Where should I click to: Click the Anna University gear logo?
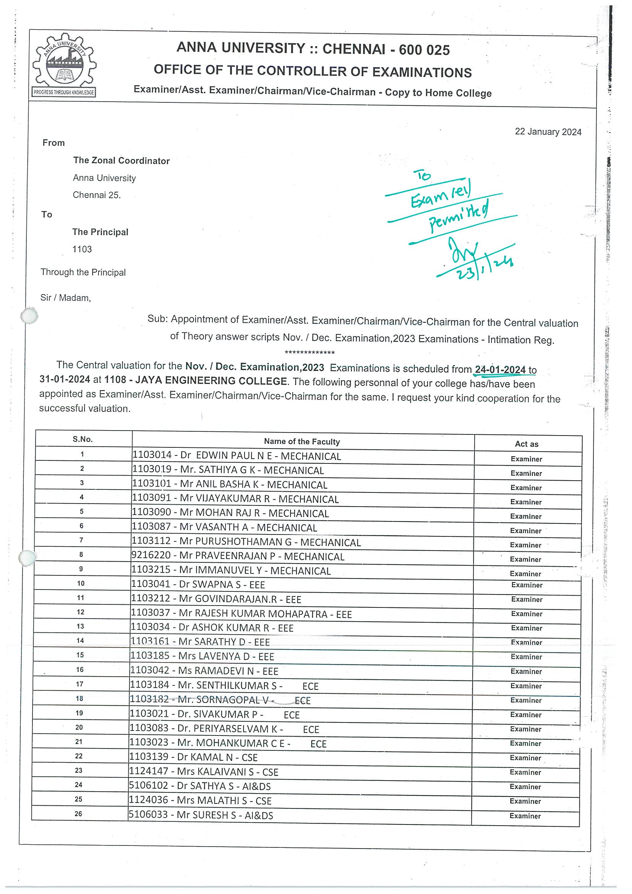(x=64, y=65)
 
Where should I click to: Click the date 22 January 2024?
(x=548, y=131)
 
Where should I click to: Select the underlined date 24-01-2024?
(x=500, y=369)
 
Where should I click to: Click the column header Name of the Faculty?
(x=302, y=442)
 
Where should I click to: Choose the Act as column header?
(x=527, y=444)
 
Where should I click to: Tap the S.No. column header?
(x=83, y=439)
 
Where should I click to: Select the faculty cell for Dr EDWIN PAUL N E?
(x=237, y=456)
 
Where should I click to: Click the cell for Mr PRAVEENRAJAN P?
(x=238, y=556)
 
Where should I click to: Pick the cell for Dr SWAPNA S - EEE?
(x=198, y=585)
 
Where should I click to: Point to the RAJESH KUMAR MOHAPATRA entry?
(x=241, y=614)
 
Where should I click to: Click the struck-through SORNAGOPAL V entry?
(x=220, y=700)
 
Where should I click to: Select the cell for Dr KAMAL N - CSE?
(x=193, y=757)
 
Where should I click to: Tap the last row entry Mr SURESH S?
(x=201, y=815)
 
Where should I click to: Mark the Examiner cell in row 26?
(x=525, y=816)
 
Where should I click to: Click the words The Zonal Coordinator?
(x=121, y=161)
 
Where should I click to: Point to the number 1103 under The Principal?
(x=82, y=249)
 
